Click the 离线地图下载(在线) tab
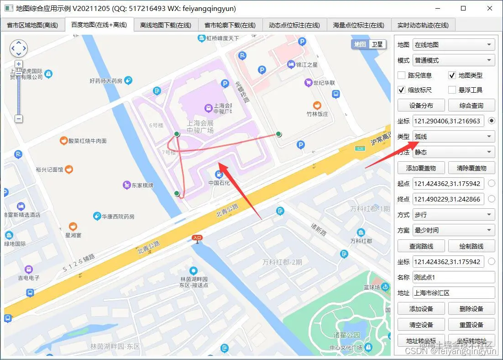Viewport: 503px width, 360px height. tap(165, 25)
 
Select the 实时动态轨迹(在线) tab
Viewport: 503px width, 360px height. tap(423, 25)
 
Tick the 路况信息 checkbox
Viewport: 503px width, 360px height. tap(402, 75)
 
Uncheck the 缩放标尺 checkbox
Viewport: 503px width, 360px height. tap(402, 90)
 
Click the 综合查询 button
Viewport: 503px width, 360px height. tap(471, 106)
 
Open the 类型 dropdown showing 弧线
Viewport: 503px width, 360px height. tap(453, 137)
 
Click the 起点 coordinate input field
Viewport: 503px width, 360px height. tap(447, 184)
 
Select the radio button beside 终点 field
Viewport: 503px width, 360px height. tap(491, 199)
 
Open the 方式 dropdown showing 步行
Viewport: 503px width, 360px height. tap(453, 215)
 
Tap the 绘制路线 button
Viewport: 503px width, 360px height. tap(471, 246)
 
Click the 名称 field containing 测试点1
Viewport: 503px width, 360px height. tap(453, 277)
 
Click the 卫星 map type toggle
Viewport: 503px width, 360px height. tap(377, 44)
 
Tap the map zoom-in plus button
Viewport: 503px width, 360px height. tap(19, 64)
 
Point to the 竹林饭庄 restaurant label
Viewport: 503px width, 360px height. tap(317, 114)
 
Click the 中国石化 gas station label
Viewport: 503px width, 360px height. tap(220, 183)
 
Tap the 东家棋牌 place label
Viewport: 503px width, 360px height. tap(142, 185)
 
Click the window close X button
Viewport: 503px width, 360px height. tap(489, 8)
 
